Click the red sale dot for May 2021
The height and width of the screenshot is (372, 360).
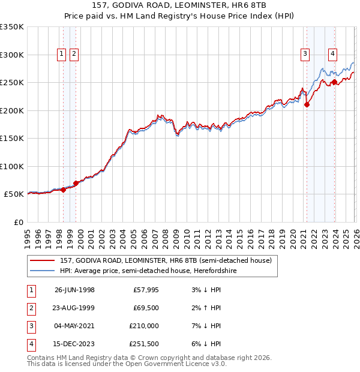(307, 104)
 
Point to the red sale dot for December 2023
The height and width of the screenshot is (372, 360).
(334, 82)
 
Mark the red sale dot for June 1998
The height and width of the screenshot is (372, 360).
(64, 190)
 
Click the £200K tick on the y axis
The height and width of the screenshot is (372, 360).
(12, 110)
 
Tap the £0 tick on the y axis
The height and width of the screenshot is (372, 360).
(19, 222)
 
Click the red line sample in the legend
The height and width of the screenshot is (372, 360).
(43, 260)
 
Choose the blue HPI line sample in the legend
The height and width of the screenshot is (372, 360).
(43, 271)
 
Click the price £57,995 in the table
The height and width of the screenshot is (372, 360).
(142, 290)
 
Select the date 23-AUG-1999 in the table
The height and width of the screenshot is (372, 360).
(74, 308)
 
